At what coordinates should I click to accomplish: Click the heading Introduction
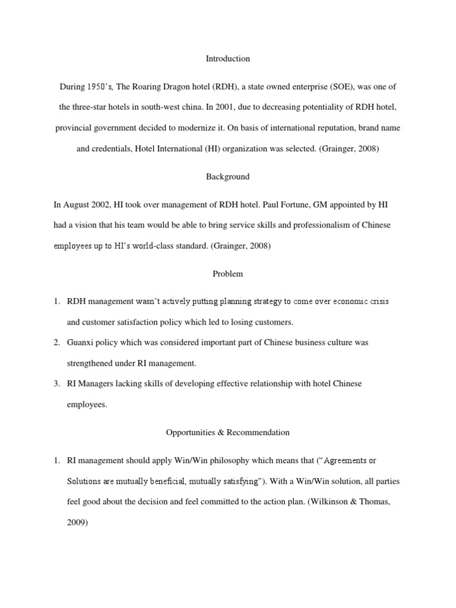point(228,59)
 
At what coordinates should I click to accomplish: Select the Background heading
point(228,176)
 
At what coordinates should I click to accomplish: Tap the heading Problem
point(228,274)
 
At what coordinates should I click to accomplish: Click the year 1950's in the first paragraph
point(97,87)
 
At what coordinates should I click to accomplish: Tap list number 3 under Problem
point(56,384)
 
